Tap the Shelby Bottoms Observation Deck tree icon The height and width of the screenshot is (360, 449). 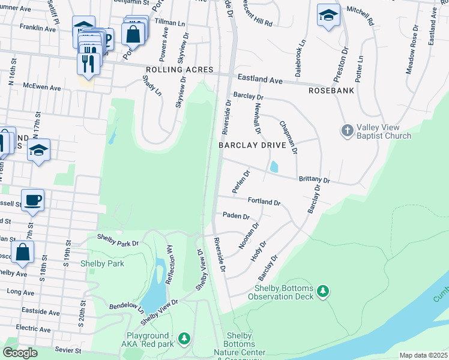click(x=324, y=291)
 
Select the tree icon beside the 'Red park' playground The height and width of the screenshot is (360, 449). click(x=184, y=339)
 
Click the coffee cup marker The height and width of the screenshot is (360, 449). click(x=32, y=200)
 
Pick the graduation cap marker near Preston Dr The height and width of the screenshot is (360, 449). click(x=328, y=16)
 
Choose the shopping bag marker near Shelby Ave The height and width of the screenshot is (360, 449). click(x=22, y=253)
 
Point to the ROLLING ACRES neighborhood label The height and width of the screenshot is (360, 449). click(x=172, y=70)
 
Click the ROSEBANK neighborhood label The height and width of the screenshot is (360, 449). click(x=331, y=90)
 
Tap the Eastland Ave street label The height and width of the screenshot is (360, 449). click(x=259, y=79)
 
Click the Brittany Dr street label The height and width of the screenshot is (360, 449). click(x=314, y=179)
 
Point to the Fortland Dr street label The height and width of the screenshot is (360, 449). click(x=264, y=202)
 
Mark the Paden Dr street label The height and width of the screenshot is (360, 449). click(x=235, y=215)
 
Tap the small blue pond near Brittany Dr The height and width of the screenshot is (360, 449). click(x=274, y=167)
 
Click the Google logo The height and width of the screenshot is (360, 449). click(x=20, y=353)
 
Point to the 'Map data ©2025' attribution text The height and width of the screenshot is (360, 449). click(x=423, y=355)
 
